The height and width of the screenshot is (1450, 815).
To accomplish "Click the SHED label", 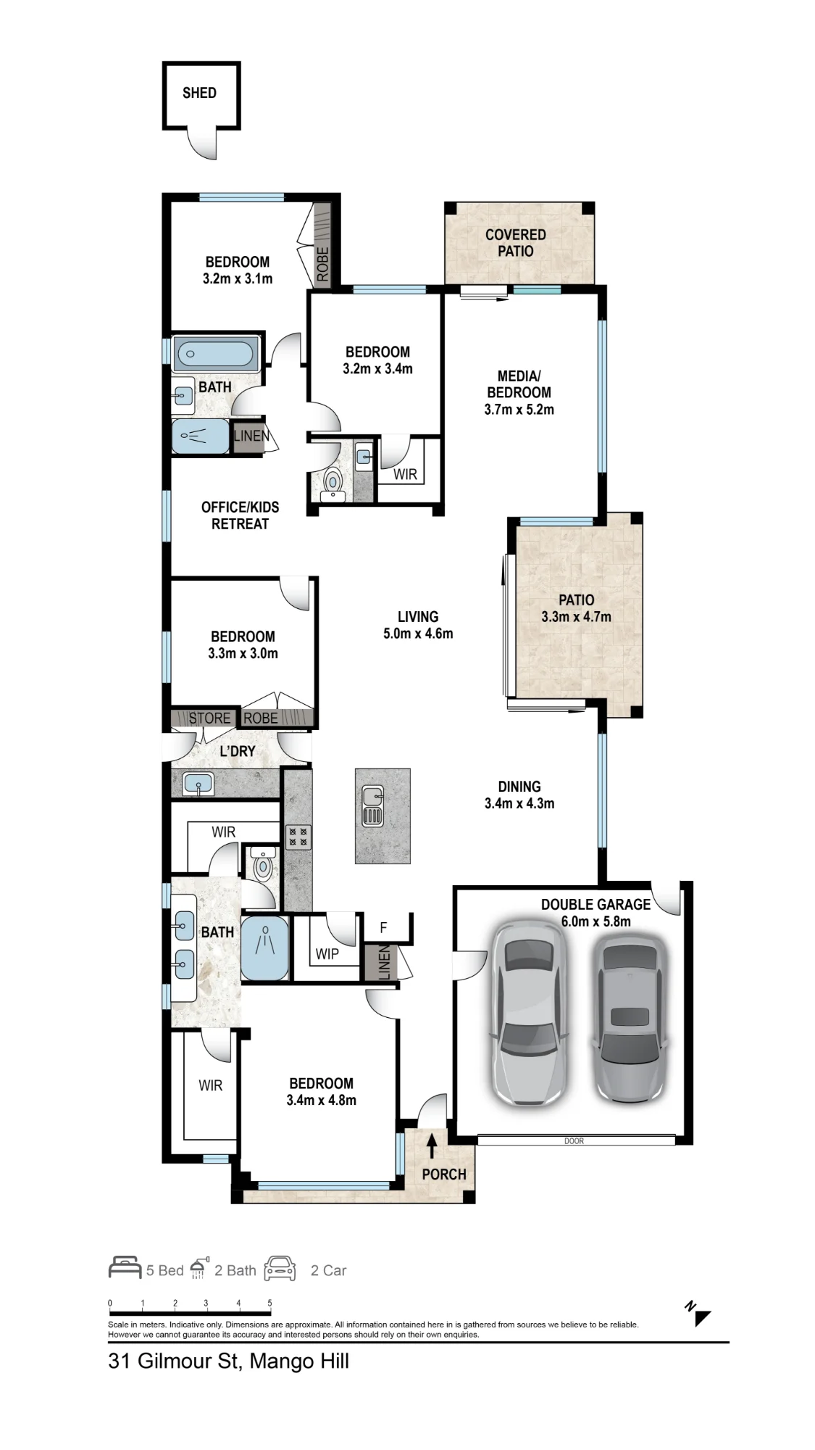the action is click(199, 93).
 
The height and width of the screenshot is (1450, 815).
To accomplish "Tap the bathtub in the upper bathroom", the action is click(215, 355).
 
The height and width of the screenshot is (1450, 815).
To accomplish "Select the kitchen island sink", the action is click(372, 805).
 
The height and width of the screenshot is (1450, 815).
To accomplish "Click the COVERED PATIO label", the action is click(516, 243).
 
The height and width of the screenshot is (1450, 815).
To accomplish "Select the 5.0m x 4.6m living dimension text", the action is click(418, 634).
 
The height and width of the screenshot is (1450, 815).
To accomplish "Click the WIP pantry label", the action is click(327, 954).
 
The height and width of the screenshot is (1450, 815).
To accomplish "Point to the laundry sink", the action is click(197, 784).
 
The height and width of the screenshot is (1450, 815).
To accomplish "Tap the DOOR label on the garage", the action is click(574, 1141).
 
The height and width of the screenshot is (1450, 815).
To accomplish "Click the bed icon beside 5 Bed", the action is click(125, 1267).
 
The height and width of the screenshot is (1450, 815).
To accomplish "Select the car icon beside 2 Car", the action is click(280, 1267).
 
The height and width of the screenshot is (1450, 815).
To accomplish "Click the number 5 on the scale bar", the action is click(269, 1303).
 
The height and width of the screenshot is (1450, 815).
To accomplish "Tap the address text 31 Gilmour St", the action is click(174, 1361).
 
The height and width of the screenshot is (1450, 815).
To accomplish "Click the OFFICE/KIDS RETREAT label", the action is click(240, 515).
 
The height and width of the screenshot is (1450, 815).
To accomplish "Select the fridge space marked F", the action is click(384, 927).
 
